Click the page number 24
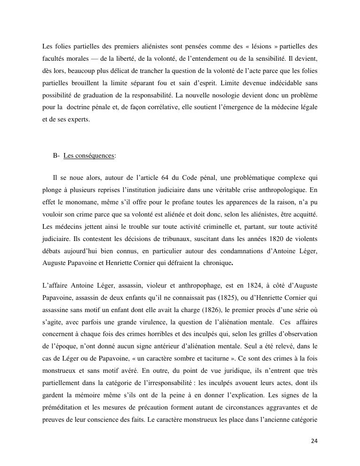pyautogui.click(x=314, y=441)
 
